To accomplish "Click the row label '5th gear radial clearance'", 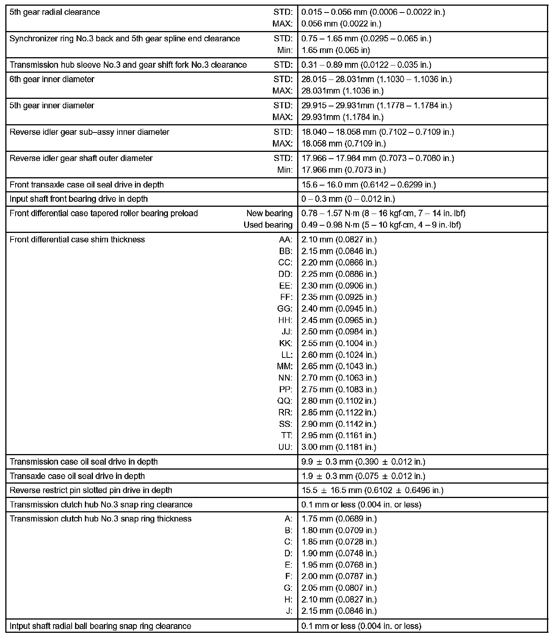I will (x=55, y=12).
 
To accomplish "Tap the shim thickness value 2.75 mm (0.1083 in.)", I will (x=339, y=389).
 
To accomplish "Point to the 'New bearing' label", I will (x=269, y=213).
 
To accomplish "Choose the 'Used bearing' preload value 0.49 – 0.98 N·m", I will (x=381, y=225).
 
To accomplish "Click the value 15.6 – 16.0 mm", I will (x=368, y=185).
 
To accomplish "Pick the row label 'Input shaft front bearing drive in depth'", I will (x=78, y=199).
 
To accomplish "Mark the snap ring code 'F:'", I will (x=288, y=576).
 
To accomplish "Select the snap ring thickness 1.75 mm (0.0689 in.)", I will (x=339, y=519).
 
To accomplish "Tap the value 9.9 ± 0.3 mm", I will (x=363, y=462).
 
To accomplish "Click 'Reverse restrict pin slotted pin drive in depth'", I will (x=91, y=490).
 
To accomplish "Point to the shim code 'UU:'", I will (x=285, y=447).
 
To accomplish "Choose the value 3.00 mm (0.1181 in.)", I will (x=339, y=447).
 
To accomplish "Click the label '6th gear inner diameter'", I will (x=52, y=80).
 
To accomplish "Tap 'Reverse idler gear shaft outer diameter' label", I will (x=81, y=158).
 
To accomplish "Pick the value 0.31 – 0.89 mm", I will (x=366, y=65).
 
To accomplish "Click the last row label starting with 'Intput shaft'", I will (x=100, y=626).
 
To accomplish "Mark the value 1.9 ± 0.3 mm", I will (x=363, y=476).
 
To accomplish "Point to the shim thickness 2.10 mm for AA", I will (x=339, y=239).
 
